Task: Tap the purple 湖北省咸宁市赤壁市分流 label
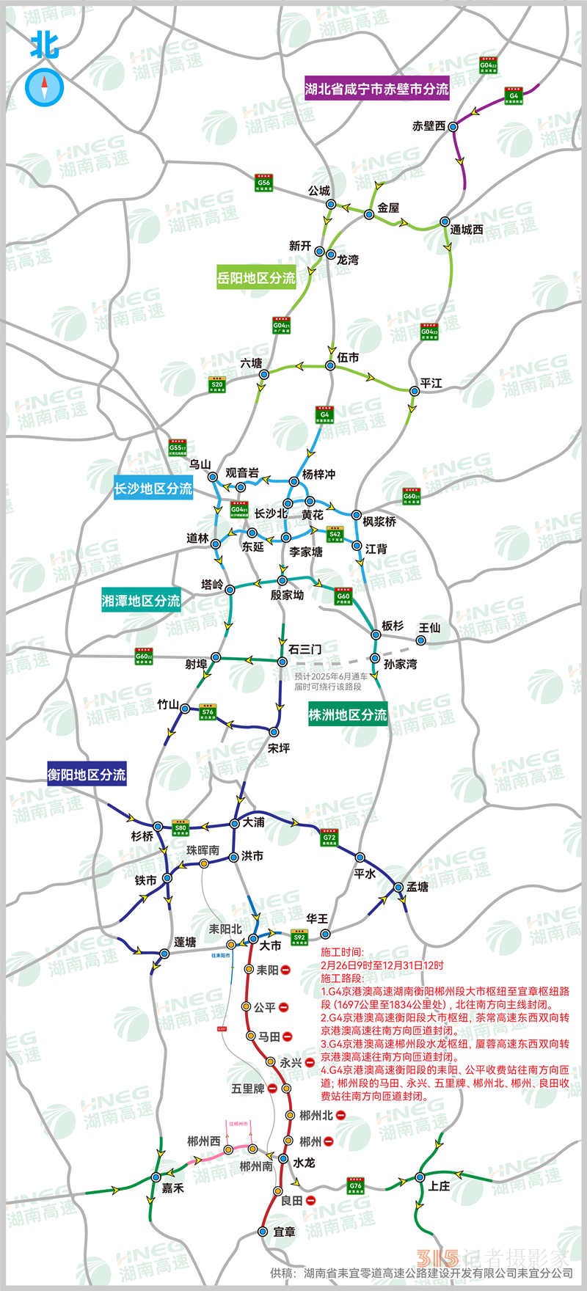[376, 89]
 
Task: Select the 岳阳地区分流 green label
[256, 278]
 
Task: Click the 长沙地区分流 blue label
[153, 488]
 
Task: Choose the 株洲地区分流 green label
[348, 714]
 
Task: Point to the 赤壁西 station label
[430, 126]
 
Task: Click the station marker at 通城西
[445, 221]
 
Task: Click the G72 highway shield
[329, 838]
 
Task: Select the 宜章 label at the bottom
[284, 1232]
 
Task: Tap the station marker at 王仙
[420, 640]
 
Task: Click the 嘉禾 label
[173, 1188]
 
